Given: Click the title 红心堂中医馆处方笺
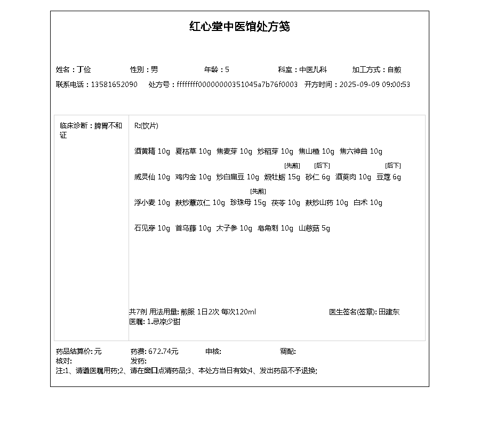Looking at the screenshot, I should [239, 27].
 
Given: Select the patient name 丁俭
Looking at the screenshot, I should [84, 69].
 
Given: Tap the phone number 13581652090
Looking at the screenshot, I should [114, 84].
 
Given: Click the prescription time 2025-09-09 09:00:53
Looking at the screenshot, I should [374, 84].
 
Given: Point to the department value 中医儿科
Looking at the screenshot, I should [313, 69].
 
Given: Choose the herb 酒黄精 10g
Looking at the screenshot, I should [152, 152].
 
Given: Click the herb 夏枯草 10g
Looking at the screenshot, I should [193, 152].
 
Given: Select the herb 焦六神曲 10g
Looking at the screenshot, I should [361, 152].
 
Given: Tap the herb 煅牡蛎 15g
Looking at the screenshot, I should [282, 177].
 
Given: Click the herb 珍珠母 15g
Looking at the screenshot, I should [248, 203].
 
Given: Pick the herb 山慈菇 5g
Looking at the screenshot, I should [314, 228].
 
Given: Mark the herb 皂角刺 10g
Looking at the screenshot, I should [275, 228].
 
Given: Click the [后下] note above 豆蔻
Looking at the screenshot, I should [393, 165].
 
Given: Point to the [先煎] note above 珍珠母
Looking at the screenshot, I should [258, 191].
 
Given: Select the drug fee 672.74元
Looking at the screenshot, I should [163, 351].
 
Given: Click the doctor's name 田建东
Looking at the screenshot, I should [389, 312].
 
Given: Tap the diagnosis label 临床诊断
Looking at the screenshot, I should [74, 126].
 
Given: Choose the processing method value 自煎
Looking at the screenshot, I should [394, 69].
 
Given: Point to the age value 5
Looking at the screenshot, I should [227, 69].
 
